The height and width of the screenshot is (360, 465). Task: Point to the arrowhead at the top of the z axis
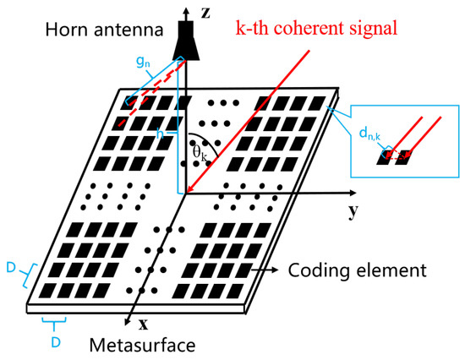click(x=187, y=8)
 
